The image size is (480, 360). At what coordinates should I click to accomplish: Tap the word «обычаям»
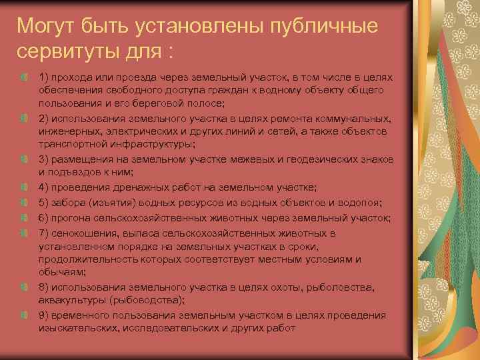pyautogui.click(x=61, y=272)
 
